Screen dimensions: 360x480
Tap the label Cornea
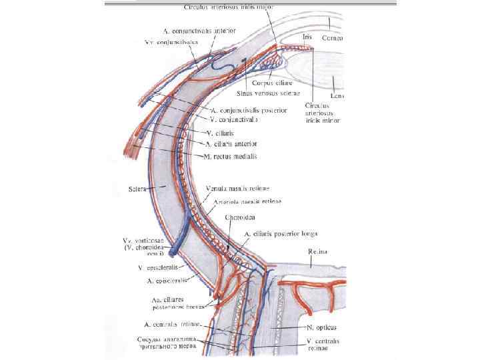coord(331,39)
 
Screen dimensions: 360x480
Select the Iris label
coord(307,38)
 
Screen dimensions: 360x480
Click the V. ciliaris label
coord(228,133)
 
